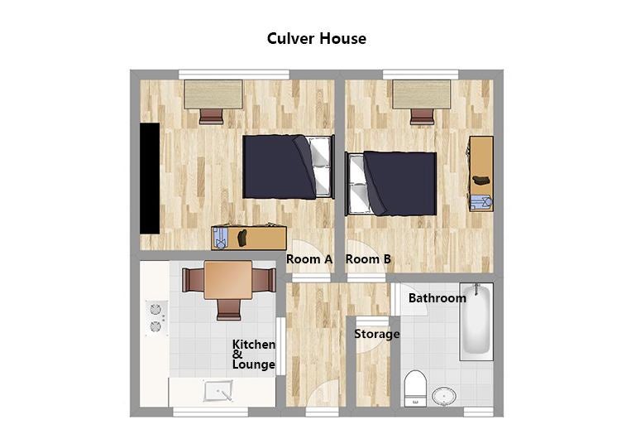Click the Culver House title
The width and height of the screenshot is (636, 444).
[317, 39]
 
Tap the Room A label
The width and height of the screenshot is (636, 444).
[309, 259]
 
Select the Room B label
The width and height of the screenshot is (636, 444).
[368, 259]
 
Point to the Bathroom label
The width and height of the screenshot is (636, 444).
[438, 298]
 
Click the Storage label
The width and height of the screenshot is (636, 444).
[377, 334]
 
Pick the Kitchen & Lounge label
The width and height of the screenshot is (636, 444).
[254, 355]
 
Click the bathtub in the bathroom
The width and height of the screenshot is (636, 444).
[476, 321]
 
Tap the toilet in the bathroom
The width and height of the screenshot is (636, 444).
[415, 388]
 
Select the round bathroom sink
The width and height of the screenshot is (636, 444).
[444, 396]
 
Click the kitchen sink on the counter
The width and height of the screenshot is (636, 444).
[218, 390]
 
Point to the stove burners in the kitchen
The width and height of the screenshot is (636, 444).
[156, 318]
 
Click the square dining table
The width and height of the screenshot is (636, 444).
[228, 280]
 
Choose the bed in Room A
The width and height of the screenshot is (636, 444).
[288, 167]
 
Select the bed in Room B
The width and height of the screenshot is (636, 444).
[390, 184]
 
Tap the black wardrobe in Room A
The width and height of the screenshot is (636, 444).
[150, 178]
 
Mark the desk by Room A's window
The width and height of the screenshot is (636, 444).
[213, 94]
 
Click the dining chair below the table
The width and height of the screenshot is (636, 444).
[229, 310]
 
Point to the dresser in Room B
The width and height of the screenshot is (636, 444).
[481, 174]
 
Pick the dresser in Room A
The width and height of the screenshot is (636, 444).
[249, 238]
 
